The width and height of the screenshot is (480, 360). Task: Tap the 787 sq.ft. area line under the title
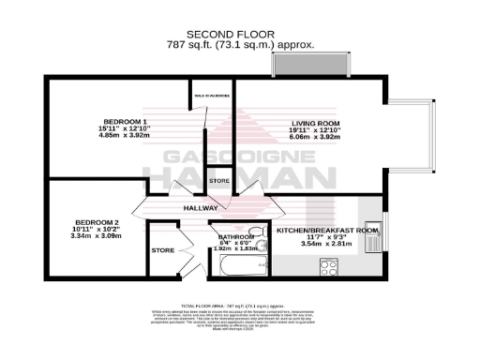pos(240,43)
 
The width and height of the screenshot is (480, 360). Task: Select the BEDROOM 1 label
pos(125,122)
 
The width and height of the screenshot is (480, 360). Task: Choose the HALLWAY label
pos(201,208)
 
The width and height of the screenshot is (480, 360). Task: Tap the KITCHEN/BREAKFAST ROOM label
pos(327,230)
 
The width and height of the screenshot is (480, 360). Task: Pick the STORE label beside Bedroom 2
pos(163,250)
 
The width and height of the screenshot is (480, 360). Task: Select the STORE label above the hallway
pos(219,180)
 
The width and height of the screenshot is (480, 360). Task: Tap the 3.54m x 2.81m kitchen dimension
pos(327,243)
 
